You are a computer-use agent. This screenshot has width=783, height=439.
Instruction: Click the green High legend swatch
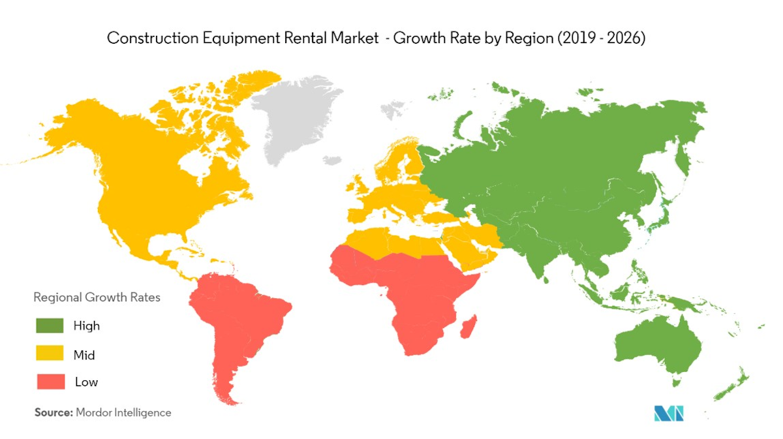pos(50,325)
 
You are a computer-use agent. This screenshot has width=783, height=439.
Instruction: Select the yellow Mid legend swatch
pos(50,354)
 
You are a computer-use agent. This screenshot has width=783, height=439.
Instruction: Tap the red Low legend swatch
pos(50,382)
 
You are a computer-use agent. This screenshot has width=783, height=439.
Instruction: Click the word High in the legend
pos(87,325)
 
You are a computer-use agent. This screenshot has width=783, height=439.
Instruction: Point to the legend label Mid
pos(84,354)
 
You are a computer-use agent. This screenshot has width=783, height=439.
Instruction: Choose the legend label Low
pos(86,382)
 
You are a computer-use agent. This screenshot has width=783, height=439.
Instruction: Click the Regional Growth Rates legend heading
pos(97,297)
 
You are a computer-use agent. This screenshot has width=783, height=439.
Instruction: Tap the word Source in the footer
pos(53,412)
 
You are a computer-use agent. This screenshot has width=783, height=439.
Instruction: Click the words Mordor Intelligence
pos(123,412)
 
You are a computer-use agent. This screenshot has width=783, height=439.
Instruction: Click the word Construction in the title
pos(145,38)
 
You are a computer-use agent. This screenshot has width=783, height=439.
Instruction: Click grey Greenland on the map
pos(297,121)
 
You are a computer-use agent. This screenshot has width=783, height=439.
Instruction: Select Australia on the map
pos(656,346)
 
